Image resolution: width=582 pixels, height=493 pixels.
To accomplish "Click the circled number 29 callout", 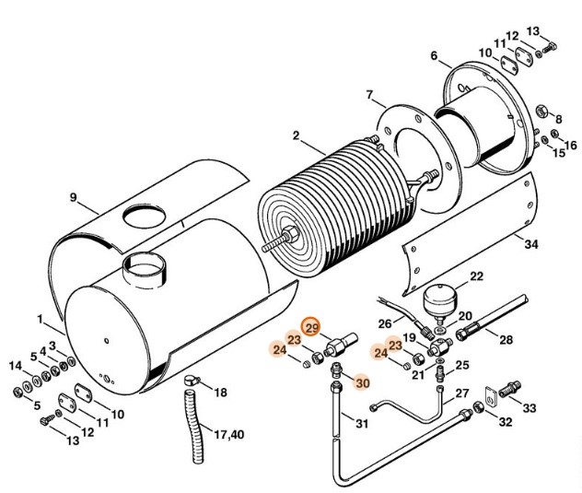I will pyautogui.click(x=311, y=329).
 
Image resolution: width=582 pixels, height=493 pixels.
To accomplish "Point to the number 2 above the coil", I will pyautogui.click(x=297, y=135).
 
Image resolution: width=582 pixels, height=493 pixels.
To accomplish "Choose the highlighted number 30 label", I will pyautogui.click(x=362, y=383).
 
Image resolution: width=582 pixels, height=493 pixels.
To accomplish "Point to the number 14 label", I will pyautogui.click(x=16, y=367).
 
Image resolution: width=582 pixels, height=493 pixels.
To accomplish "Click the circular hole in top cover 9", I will pyautogui.click(x=148, y=217).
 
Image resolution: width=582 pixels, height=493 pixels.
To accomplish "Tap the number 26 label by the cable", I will pyautogui.click(x=386, y=322).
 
